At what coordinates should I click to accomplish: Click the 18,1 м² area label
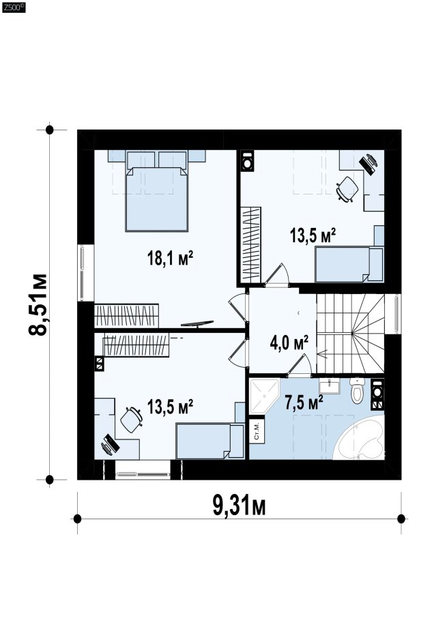[170, 258]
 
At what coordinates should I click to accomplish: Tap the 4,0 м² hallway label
[289, 343]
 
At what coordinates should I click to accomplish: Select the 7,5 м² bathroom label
[304, 402]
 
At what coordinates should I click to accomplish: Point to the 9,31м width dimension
[240, 506]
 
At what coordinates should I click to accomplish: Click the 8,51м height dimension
[39, 304]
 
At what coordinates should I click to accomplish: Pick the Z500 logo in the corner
[14, 8]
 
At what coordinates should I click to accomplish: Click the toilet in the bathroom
[358, 390]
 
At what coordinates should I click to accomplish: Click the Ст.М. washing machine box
[257, 431]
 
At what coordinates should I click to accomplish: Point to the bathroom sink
[330, 386]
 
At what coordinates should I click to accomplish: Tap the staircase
[351, 333]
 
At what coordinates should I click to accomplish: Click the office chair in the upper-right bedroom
[347, 189]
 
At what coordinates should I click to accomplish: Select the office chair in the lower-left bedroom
[131, 420]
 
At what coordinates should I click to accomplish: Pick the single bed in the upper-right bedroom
[349, 264]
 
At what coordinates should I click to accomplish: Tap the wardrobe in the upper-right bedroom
[251, 243]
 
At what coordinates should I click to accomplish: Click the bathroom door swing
[299, 364]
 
